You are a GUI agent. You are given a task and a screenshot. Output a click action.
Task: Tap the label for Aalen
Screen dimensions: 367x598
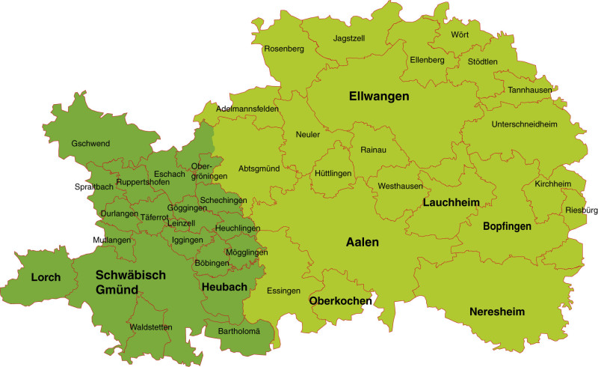[x=363, y=243]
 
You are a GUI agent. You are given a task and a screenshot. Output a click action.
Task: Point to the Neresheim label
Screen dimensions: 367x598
[x=497, y=312]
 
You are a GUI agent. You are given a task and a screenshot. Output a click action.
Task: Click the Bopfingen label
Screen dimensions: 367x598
[x=507, y=225]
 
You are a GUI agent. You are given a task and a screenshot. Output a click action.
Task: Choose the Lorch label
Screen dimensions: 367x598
[x=46, y=277]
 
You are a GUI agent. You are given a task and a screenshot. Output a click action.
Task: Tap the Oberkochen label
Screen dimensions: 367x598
[x=341, y=301]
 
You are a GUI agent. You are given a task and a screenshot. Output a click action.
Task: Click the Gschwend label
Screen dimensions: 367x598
[x=90, y=143]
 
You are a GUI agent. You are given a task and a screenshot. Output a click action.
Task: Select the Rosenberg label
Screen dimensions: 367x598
[x=284, y=49]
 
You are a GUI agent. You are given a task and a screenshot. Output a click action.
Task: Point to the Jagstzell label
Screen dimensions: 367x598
[x=349, y=38]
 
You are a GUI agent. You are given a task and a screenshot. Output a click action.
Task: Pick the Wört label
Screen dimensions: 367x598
[x=460, y=34]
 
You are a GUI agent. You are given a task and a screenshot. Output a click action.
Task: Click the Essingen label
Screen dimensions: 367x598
[x=283, y=291]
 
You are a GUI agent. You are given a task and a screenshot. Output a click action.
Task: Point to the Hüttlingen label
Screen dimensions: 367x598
[x=333, y=173]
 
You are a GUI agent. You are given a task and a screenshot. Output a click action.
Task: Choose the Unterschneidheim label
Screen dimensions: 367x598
[x=525, y=124]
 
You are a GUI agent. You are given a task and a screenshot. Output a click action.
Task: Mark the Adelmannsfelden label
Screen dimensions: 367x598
[x=247, y=109]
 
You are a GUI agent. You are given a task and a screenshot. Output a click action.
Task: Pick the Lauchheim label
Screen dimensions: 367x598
[x=449, y=202]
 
